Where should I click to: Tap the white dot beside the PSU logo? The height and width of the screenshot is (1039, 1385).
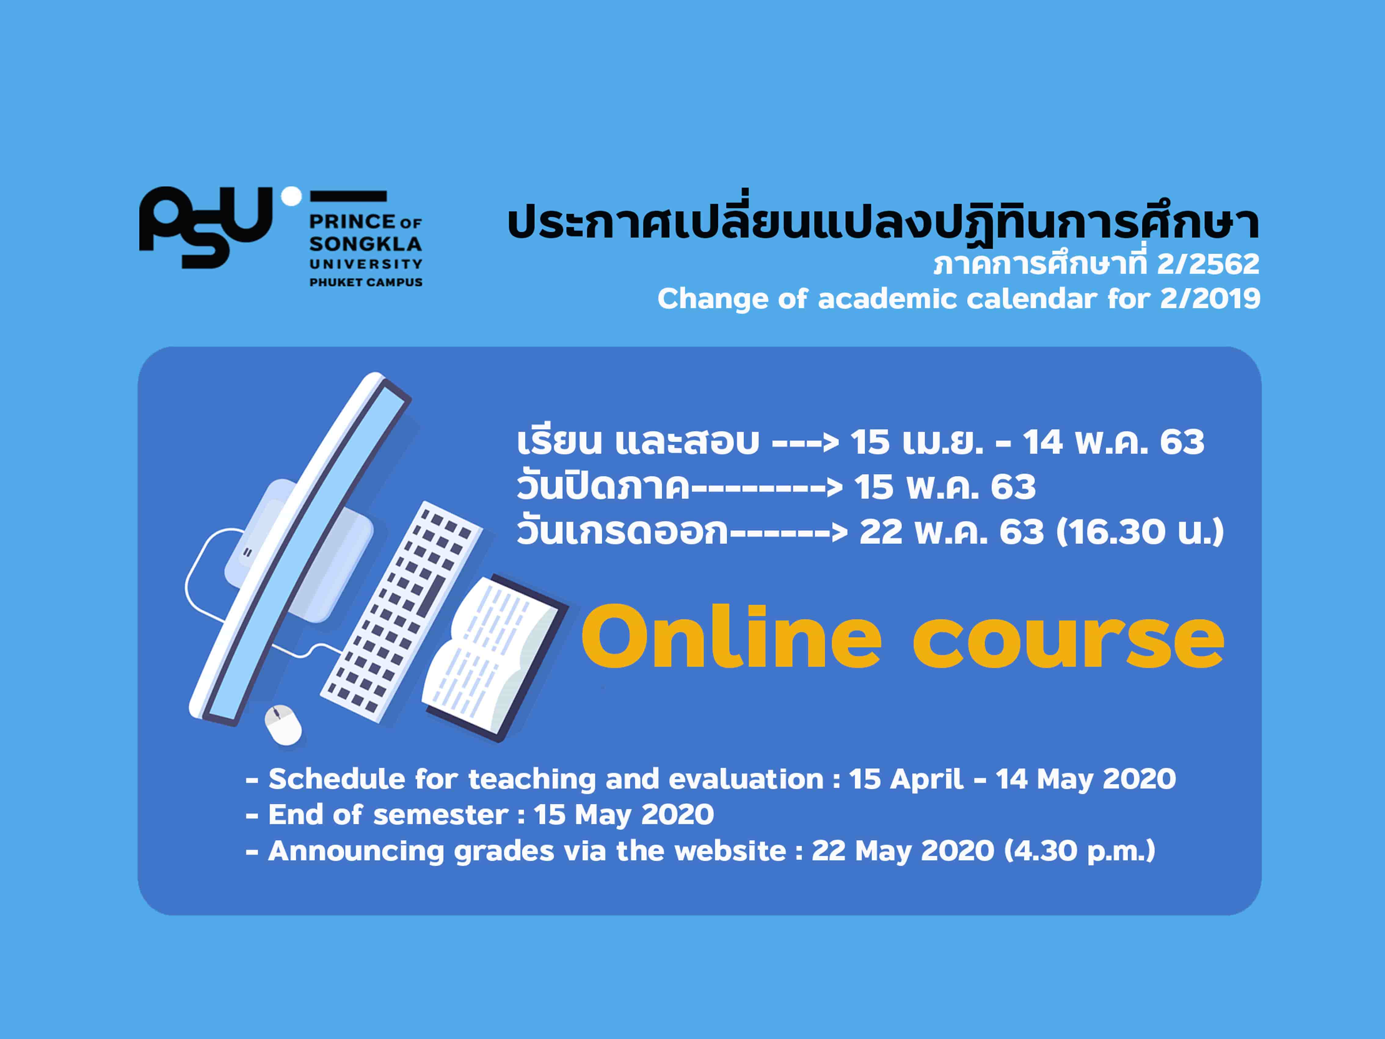click(291, 196)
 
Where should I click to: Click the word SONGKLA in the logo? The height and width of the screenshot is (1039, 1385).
click(366, 244)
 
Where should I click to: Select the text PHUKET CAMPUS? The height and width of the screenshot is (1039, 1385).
click(366, 283)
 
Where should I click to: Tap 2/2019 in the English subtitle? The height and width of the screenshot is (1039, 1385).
click(1210, 299)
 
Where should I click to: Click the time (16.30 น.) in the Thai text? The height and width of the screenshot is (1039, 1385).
click(1140, 532)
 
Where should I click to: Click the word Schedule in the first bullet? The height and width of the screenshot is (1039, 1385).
click(337, 779)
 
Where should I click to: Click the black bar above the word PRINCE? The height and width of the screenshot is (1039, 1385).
click(348, 196)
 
